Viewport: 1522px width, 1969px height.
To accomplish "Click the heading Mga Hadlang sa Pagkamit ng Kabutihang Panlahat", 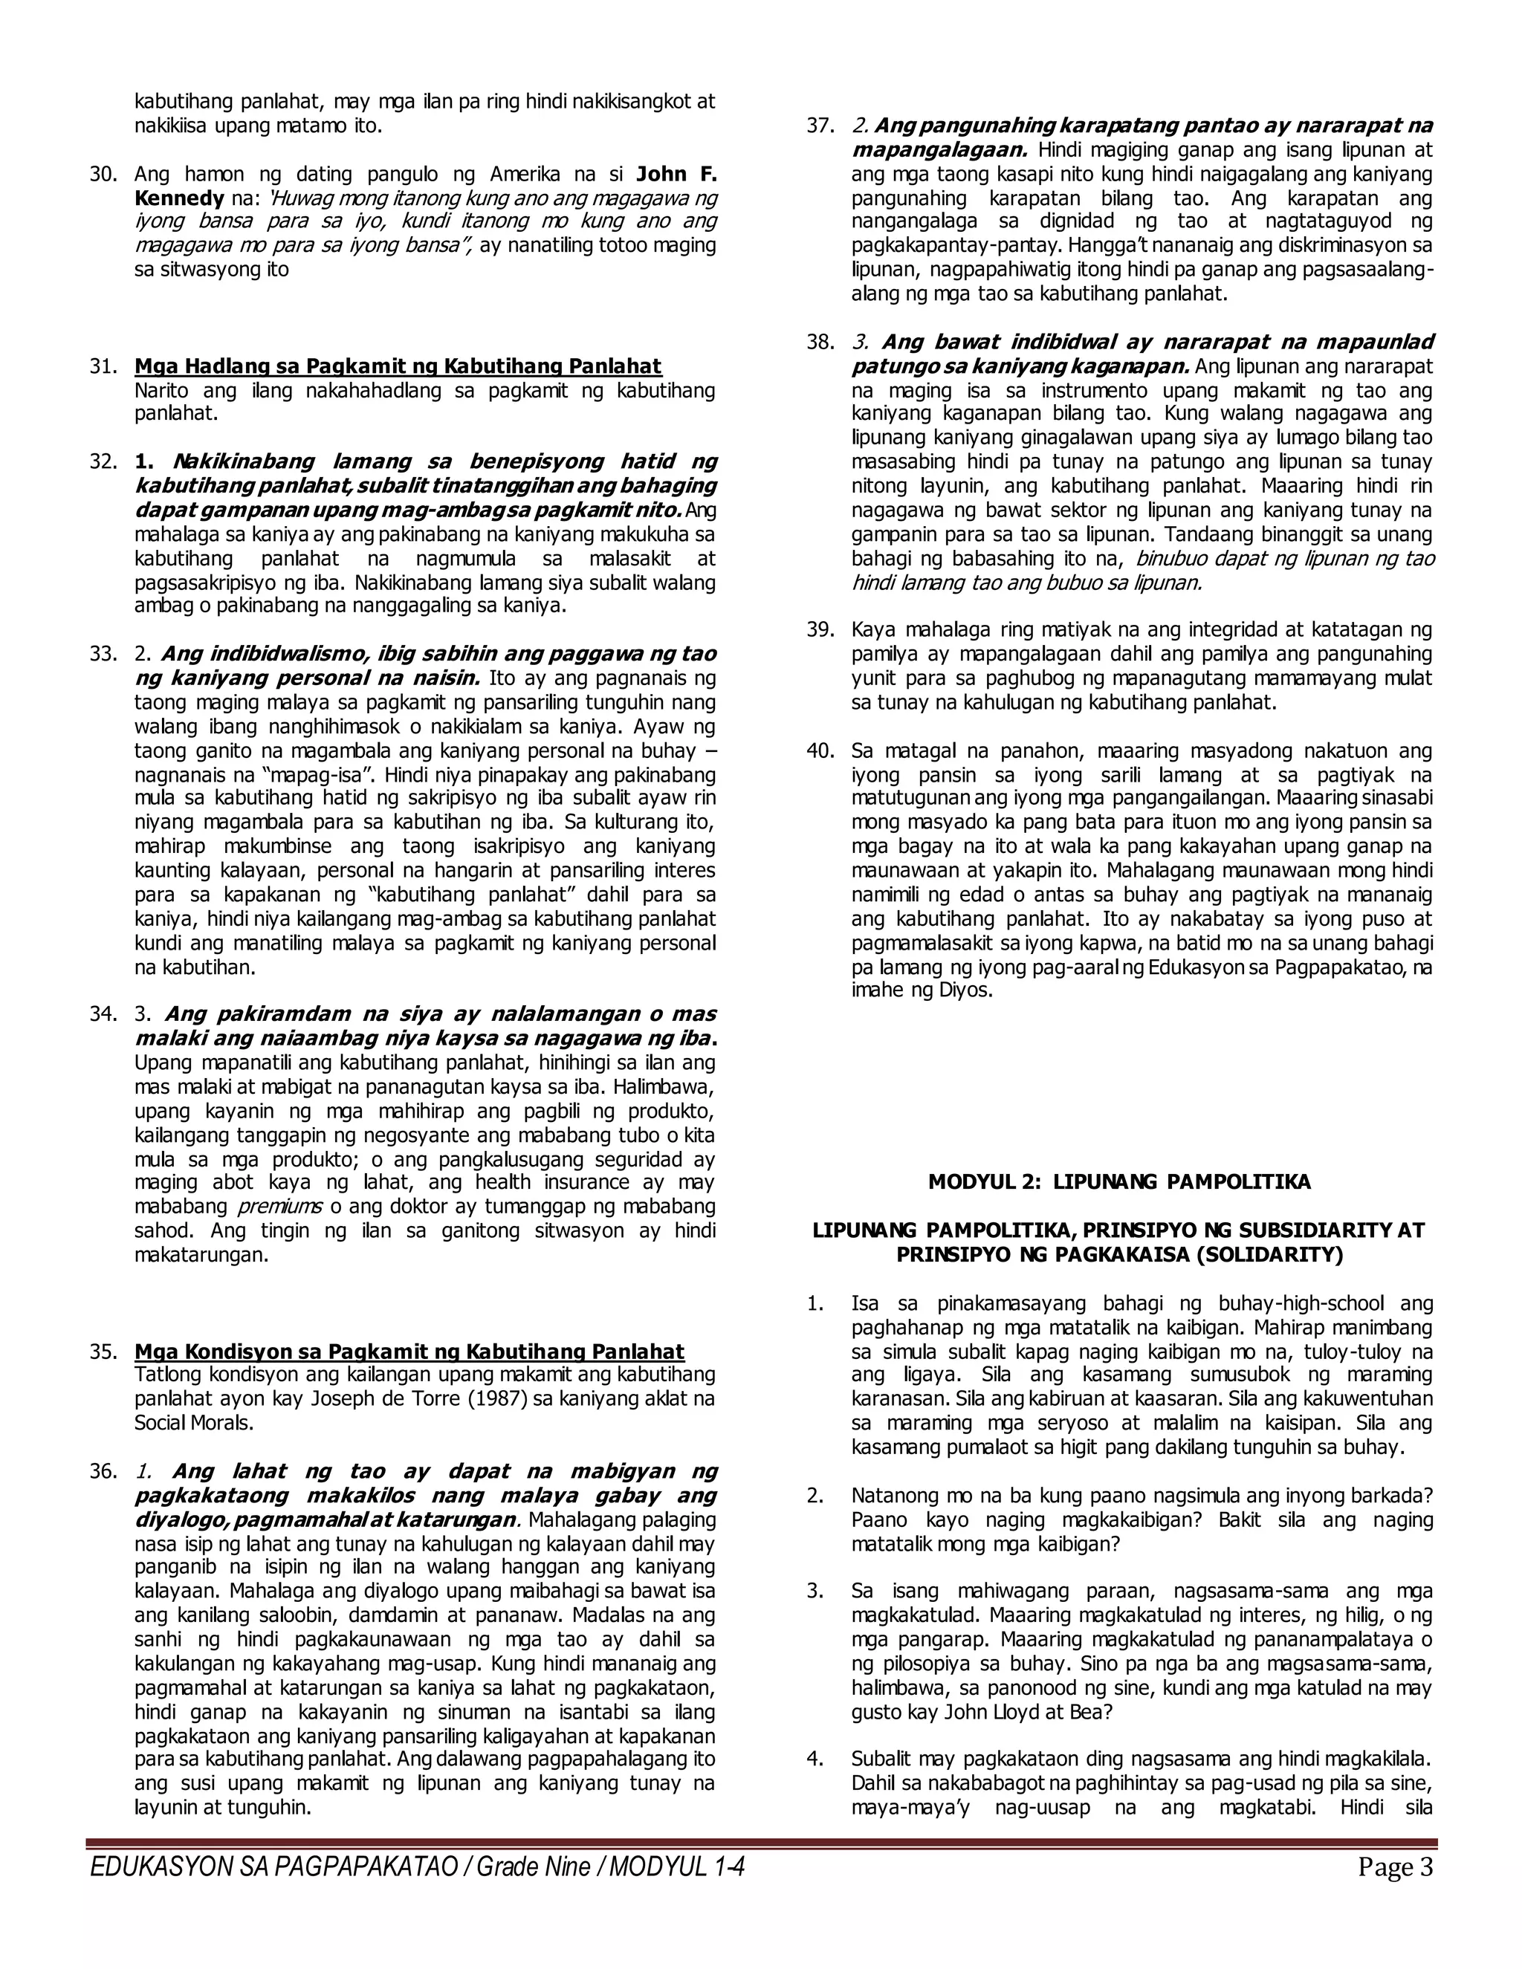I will pos(398,367).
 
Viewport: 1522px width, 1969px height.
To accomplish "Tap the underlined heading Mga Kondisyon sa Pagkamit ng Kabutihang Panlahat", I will pos(409,1352).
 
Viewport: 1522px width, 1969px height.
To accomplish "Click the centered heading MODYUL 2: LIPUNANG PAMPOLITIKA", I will pos(1120,1182).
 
